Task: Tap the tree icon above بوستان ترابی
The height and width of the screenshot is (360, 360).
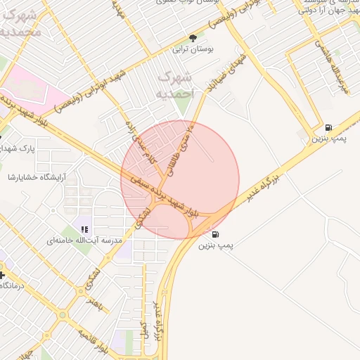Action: point(193,39)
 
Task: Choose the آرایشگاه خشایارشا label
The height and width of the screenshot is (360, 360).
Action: point(35,176)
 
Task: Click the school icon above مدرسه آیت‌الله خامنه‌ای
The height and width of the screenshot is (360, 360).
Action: point(84,229)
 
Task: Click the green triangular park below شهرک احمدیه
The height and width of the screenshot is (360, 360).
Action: point(183,105)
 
